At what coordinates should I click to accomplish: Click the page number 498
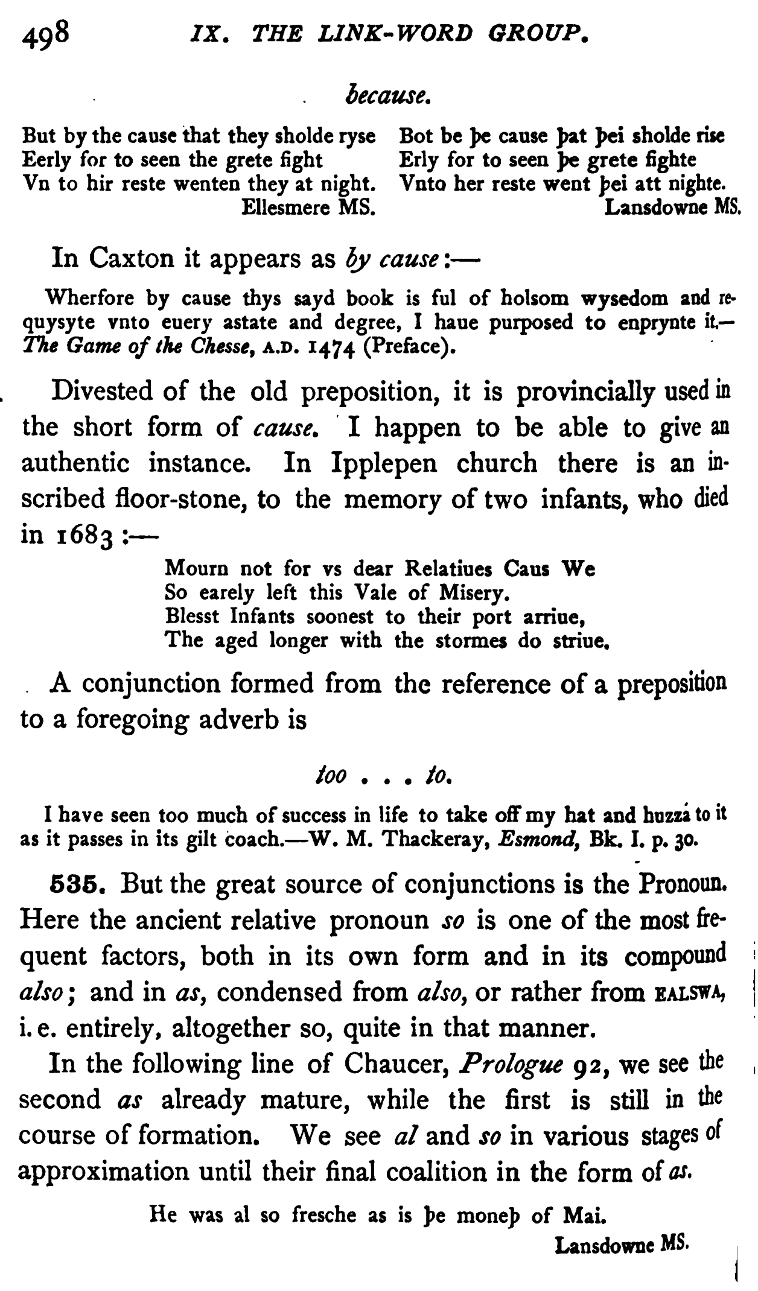pos(46,34)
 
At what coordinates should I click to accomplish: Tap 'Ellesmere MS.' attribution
pos(308,208)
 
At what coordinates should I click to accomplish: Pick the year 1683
pos(84,536)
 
